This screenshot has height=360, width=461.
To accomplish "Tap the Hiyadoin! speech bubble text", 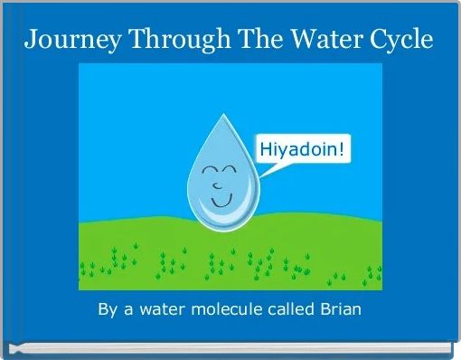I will click(x=303, y=150).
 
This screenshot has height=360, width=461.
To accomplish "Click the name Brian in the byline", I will click(x=338, y=310).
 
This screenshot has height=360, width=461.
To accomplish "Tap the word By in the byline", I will click(x=108, y=310).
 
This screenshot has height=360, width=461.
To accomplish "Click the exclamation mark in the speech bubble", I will click(x=342, y=150).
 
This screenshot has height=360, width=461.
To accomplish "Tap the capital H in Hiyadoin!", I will click(x=267, y=150).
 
